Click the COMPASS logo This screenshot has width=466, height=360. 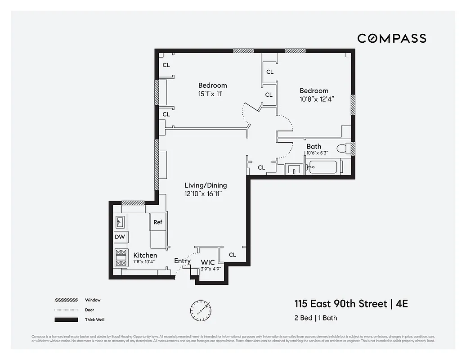tap(392, 38)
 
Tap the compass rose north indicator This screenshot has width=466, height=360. tap(201, 309)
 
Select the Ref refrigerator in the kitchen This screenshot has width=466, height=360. tap(157, 222)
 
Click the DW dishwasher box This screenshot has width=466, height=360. tap(120, 237)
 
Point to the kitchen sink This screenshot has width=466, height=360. tap(120, 221)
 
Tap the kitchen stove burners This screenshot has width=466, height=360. tap(121, 258)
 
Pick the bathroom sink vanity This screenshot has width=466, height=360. tap(294, 169)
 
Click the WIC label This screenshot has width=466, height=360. tap(208, 262)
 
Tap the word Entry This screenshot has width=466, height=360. tap(182, 261)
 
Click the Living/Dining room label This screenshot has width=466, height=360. tap(206, 185)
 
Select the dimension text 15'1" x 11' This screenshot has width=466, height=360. tap(211, 94)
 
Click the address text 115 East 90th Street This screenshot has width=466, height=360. tap(341, 304)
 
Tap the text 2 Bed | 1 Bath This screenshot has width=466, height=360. tap(316, 318)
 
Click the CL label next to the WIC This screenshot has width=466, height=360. tap(232, 255)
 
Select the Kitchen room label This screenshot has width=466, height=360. tap(145, 255)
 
